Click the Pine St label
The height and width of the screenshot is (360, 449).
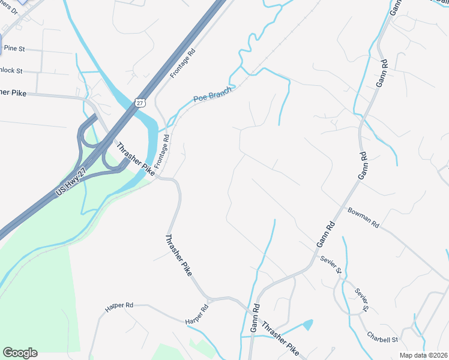(x=14, y=47)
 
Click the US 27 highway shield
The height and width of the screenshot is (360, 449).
(x=139, y=103)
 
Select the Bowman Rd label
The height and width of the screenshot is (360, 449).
(x=364, y=218)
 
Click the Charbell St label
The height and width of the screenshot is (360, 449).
(x=383, y=339)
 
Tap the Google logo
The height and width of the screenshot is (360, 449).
(x=20, y=353)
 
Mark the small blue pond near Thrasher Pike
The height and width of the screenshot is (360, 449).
(x=308, y=325)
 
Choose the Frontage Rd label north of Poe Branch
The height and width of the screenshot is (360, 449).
(x=183, y=63)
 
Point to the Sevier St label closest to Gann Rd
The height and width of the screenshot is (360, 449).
(x=331, y=265)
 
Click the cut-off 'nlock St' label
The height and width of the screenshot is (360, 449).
(x=11, y=70)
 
